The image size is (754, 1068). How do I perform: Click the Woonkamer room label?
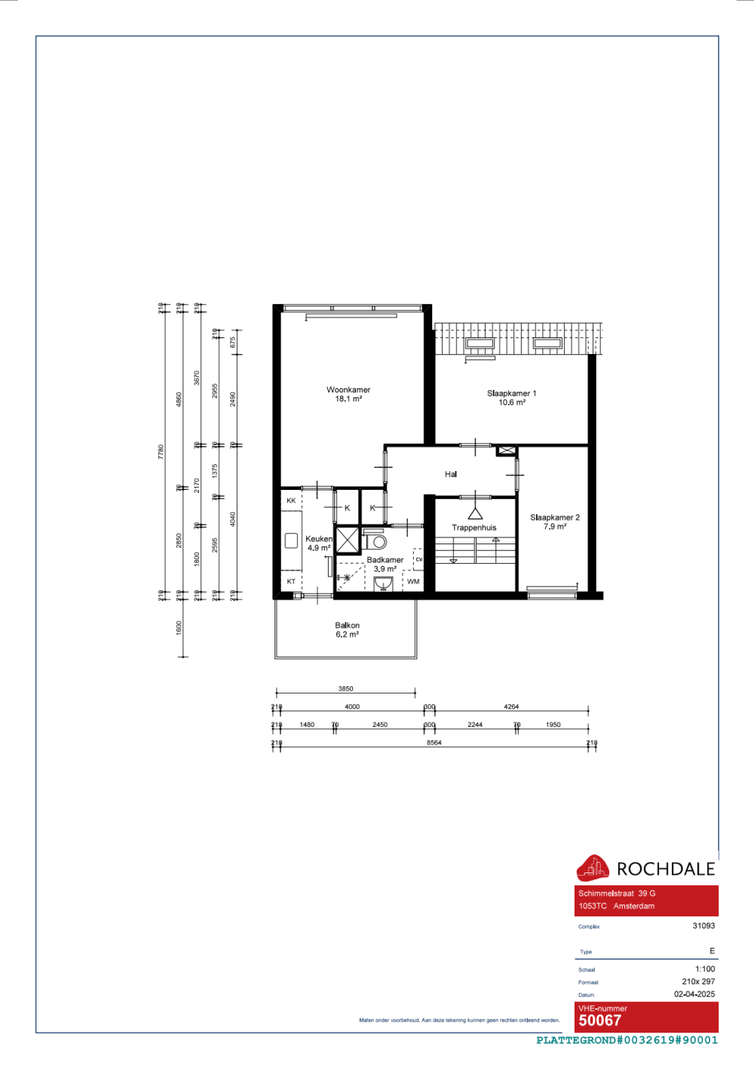tap(348, 390)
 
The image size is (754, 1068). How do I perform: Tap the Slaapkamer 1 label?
tap(511, 394)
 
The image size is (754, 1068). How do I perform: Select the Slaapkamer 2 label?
tap(555, 518)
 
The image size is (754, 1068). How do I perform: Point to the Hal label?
tap(451, 474)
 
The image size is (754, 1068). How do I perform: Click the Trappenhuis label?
tap(474, 528)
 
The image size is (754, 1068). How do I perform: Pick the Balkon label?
tap(348, 626)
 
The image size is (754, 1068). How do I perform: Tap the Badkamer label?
tap(385, 560)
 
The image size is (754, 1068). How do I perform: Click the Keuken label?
tap(318, 539)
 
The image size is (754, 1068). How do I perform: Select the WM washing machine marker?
tap(413, 581)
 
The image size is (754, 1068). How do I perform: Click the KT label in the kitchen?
tap(291, 581)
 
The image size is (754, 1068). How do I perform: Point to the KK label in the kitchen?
tap(291, 500)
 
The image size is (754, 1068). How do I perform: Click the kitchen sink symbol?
tap(291, 540)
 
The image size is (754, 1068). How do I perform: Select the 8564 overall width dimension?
tap(434, 743)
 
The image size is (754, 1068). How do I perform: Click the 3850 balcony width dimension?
tap(345, 688)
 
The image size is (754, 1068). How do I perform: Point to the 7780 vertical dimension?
tap(161, 451)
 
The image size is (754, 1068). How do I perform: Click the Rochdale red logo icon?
tap(593, 868)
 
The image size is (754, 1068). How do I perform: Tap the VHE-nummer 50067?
tap(600, 1020)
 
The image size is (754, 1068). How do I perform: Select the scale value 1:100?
tap(705, 969)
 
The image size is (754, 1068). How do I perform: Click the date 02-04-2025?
tap(694, 994)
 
